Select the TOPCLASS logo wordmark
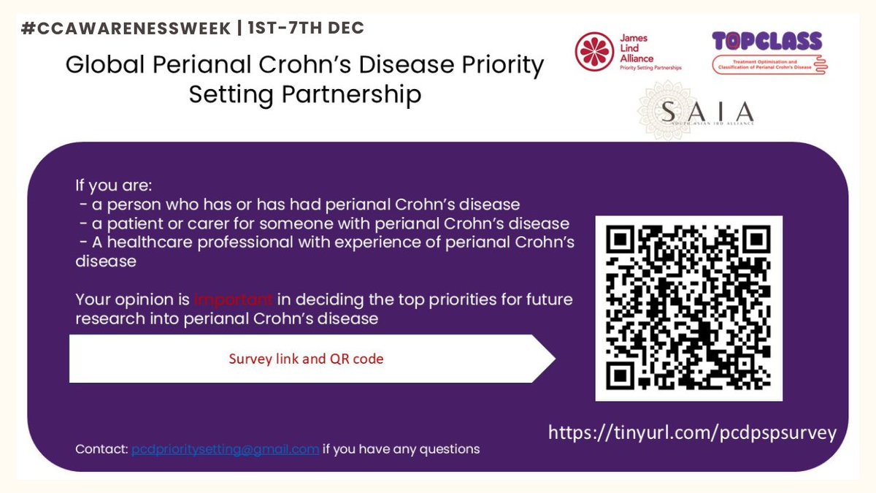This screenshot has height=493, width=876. pos(767,41)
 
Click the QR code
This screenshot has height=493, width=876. pos(688,308)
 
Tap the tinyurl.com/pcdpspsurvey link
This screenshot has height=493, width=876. pos(692,433)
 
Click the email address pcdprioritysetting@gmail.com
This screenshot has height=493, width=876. pos(225,449)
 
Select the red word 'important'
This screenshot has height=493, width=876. pos(234,299)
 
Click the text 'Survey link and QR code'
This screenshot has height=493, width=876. pos(306,359)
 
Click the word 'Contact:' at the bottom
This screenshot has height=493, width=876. pos(101,449)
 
